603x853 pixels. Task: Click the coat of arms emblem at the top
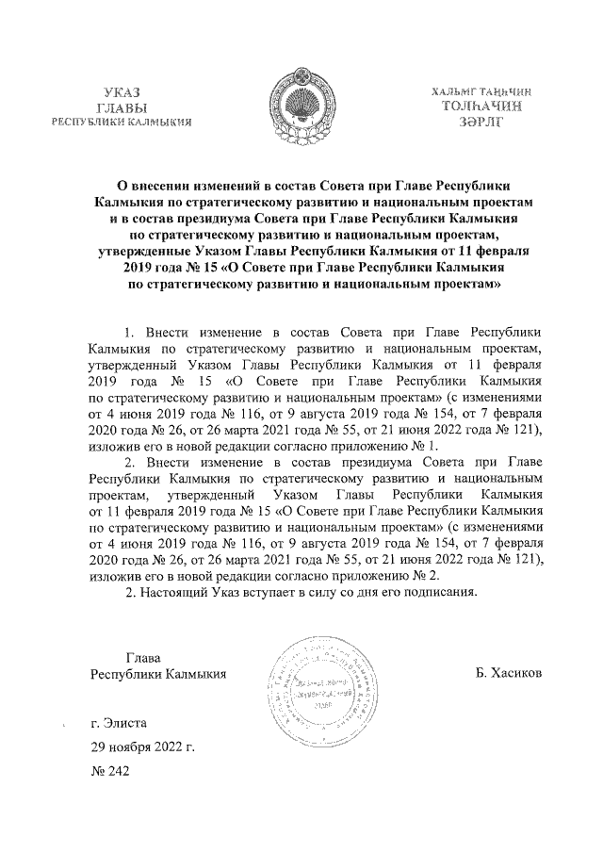coord(301,101)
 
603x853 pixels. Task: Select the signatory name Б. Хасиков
coord(510,675)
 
